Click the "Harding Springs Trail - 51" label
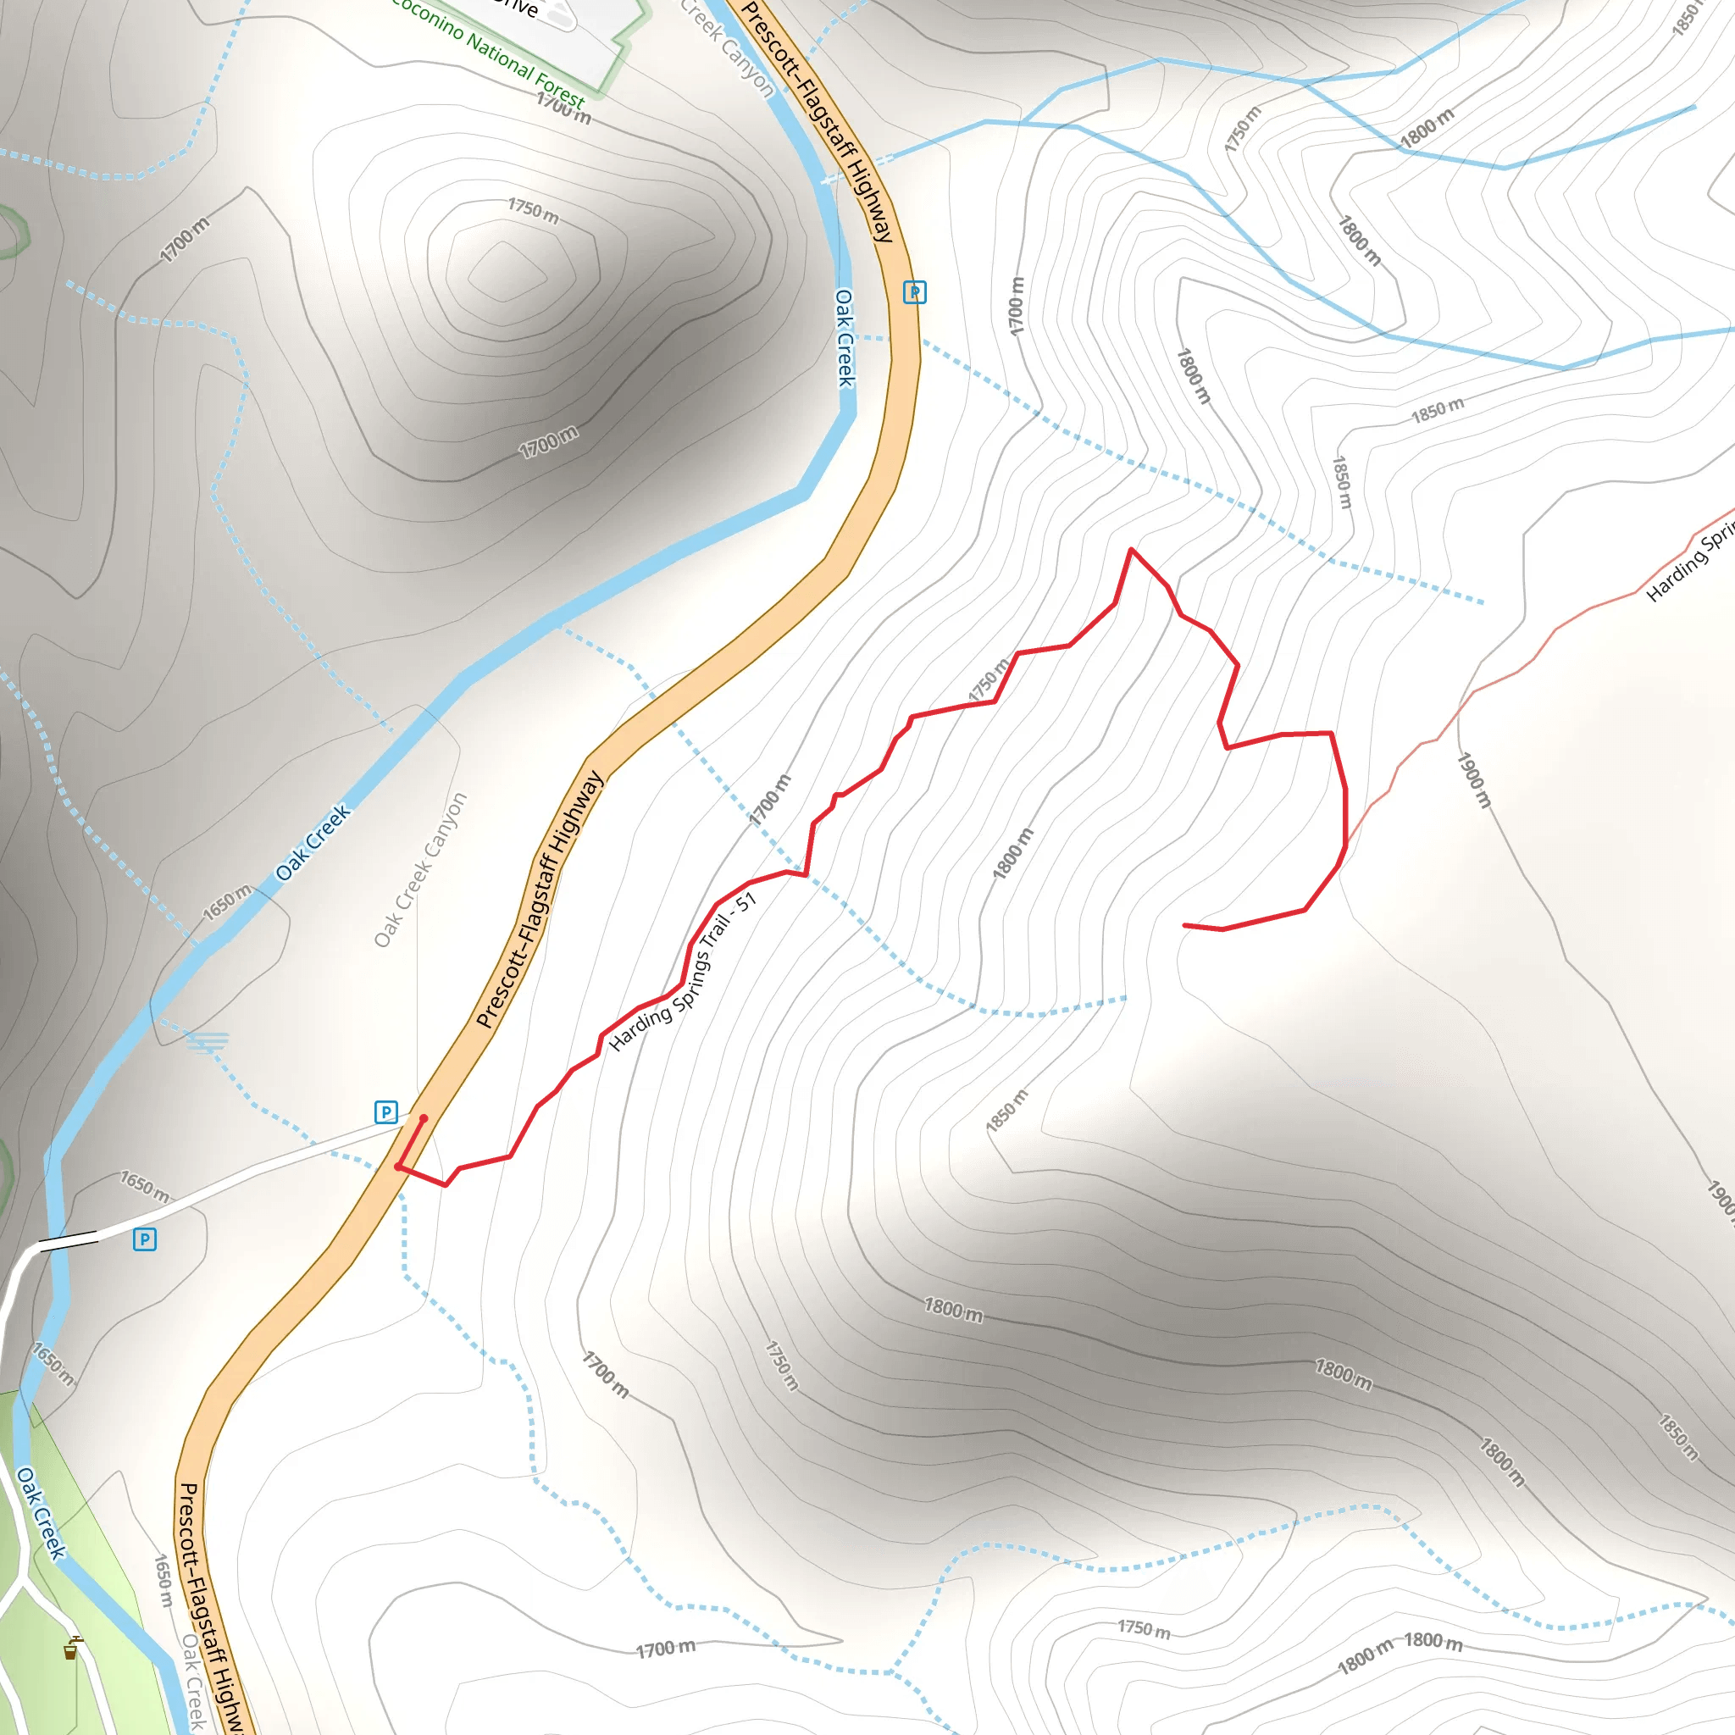(684, 972)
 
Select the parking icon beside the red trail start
(386, 1112)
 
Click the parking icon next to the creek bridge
(145, 1239)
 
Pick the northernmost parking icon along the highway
(914, 292)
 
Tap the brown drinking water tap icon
(71, 1649)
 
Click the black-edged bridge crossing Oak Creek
(69, 1242)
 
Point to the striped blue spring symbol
(208, 1043)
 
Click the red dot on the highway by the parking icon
(424, 1118)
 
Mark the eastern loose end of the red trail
(1185, 925)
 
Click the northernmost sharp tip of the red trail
(1132, 549)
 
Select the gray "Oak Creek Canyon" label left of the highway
(420, 869)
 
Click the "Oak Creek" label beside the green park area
(41, 1513)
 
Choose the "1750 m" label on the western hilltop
(533, 211)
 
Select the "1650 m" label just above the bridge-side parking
(146, 1186)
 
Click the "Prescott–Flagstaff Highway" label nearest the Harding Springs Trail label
(539, 899)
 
